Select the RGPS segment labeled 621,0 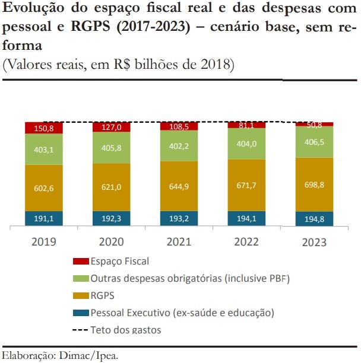tap(111, 187)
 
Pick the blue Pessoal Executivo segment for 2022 tap(246, 218)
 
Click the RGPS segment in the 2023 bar tap(314, 184)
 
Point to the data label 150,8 tap(44, 128)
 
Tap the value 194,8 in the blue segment tap(314, 219)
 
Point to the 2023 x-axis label tap(314, 242)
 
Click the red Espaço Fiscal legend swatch tap(80, 262)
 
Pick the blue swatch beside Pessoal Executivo tap(80, 313)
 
